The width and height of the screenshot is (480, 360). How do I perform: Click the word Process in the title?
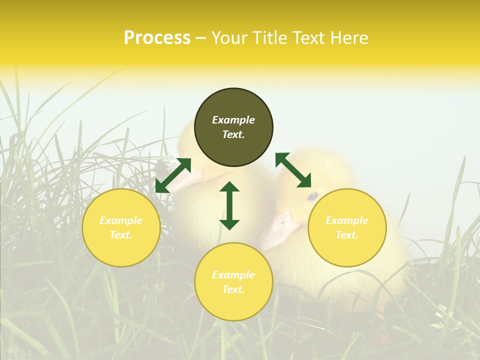coord(157,38)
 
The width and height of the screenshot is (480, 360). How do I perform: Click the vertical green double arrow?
coord(229,205)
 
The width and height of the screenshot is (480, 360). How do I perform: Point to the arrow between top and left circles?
coord(173,175)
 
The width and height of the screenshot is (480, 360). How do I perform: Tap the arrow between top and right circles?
coord(293,170)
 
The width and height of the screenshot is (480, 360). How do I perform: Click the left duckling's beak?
coord(187,177)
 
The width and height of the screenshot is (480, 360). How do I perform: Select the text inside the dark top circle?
coord(233,127)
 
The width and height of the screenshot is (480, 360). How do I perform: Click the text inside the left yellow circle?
coord(121,227)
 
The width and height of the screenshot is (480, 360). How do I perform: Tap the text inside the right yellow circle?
coord(347,227)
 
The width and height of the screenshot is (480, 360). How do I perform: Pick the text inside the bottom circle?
coord(233,282)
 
